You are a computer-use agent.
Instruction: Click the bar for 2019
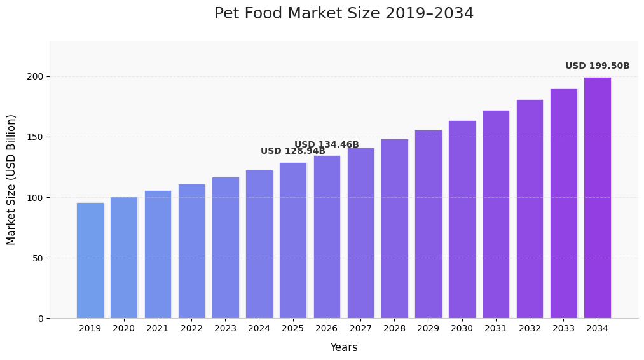90,260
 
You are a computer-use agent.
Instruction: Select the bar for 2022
191,251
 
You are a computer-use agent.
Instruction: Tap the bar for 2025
292,240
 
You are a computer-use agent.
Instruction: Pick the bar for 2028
394,228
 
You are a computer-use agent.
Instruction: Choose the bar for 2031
496,214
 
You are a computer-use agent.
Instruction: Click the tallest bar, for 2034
597,198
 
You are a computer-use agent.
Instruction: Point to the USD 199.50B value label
597,66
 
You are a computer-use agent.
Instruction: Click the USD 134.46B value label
326,145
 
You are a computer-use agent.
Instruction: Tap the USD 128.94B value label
292,151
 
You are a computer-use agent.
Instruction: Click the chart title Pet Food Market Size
343,14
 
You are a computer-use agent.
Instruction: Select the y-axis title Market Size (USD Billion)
11,179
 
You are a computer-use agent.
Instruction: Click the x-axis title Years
343,348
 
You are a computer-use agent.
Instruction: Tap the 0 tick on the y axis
40,319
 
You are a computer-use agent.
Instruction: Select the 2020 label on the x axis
123,329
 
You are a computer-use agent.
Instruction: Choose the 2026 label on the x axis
326,329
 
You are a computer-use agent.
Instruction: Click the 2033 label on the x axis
563,329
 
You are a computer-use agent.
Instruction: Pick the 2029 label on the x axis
428,329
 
